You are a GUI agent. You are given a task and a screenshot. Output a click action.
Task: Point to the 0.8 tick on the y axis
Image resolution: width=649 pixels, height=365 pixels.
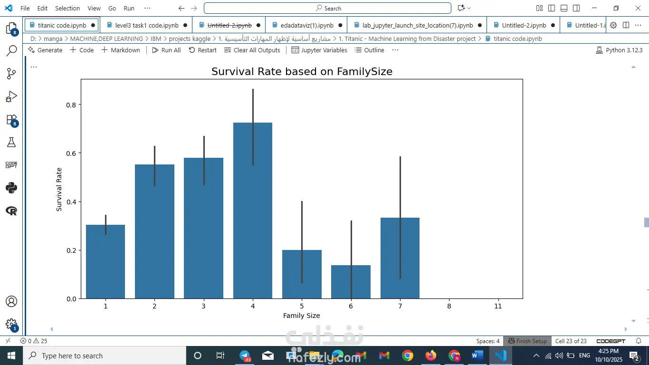point(71,105)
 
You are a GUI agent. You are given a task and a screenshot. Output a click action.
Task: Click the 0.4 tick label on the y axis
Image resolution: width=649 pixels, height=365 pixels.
point(71,202)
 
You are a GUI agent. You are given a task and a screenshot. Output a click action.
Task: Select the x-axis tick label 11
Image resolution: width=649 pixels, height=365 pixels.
point(498,306)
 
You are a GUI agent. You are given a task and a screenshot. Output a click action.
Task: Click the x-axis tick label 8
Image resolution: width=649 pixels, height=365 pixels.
point(449,306)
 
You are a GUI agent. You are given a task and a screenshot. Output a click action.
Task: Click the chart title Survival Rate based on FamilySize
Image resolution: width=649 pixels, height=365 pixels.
point(302,72)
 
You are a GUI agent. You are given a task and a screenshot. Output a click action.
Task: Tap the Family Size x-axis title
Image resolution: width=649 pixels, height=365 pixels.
point(301,316)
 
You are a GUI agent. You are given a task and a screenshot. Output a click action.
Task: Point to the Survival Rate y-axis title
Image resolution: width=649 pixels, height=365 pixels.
point(59,189)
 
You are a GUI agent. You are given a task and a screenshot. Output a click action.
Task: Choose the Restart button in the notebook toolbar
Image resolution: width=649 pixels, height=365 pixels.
point(202,50)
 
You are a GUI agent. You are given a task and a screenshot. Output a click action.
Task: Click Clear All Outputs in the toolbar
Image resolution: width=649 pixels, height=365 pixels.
point(252,50)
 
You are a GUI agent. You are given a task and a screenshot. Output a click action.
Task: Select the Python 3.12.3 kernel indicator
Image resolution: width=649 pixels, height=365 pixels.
point(619,50)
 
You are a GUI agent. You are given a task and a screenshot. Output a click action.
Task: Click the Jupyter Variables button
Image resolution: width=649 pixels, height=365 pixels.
point(319,50)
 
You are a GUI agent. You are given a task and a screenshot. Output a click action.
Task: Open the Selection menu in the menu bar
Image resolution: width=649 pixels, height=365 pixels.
point(67,8)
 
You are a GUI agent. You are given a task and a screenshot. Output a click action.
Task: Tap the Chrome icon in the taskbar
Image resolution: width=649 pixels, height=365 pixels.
point(407,355)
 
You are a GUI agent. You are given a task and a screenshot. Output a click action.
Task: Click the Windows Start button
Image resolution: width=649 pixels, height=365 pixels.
point(11,355)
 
